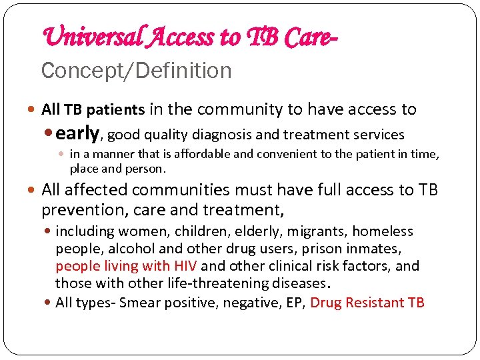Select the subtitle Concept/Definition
136,71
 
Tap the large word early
78,133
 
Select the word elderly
254,231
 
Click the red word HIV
184,266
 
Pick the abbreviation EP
297,302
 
